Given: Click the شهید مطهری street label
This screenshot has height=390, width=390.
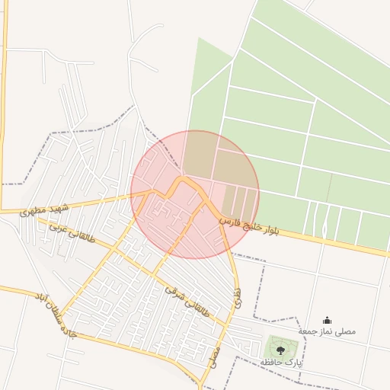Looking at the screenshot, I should pos(44,208).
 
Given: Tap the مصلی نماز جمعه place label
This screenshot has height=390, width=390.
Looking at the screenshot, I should pos(327,332).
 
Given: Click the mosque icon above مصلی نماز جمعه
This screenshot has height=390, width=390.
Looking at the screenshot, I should pos(328,320).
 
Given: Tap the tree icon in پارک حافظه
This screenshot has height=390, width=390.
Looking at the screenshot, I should pos(280,350).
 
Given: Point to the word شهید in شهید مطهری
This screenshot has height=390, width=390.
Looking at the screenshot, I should pos(59,206).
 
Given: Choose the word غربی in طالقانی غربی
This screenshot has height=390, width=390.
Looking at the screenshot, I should pos(58,228).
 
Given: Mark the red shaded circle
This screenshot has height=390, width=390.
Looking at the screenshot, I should pos(195,194).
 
